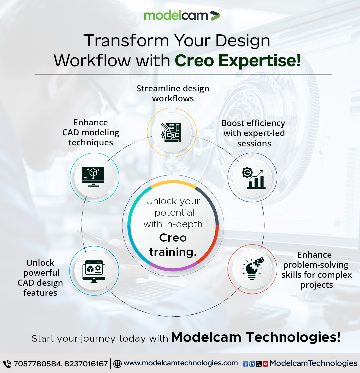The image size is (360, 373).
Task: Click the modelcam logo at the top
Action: pos(181,15)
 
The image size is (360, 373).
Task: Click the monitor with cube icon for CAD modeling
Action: pos(93,177)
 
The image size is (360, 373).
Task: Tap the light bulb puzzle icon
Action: pos(252,269)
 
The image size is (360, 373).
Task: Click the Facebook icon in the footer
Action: pos(246,364)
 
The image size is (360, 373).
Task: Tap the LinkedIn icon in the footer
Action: pos(252,364)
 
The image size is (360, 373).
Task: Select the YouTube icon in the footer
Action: pos(265,364)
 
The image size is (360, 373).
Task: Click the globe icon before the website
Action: pos(118,364)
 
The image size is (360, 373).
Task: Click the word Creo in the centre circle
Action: pos(173,238)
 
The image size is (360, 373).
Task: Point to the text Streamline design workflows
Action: pos(173,93)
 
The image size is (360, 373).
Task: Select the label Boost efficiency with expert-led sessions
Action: pos(254,133)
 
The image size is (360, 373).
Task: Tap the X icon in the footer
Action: pos(259,364)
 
